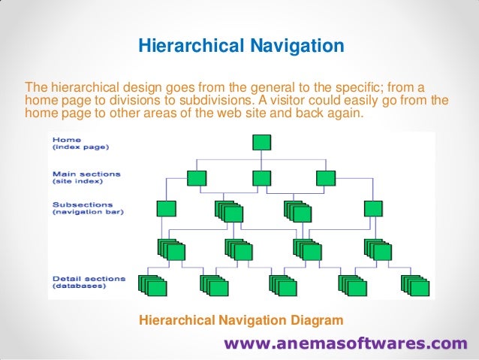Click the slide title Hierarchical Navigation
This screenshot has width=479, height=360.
[240, 47]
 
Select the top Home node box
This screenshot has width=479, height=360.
[261, 144]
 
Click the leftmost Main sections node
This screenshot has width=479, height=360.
[196, 178]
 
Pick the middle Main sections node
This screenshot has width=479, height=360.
[261, 178]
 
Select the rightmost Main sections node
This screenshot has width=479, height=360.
[325, 178]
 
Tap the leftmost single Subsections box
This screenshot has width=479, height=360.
[167, 208]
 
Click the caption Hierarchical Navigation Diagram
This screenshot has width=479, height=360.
[241, 321]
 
